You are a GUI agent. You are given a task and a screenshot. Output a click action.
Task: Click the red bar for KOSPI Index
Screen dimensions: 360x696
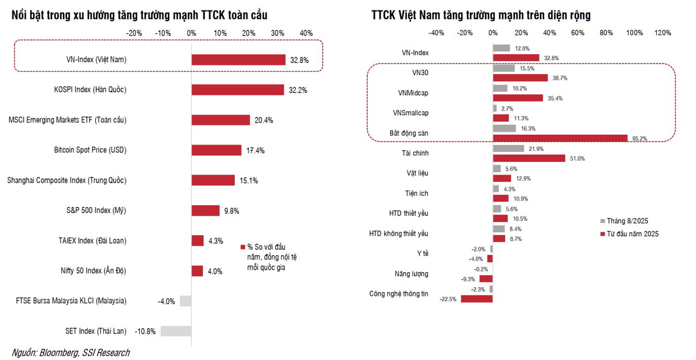point(238,90)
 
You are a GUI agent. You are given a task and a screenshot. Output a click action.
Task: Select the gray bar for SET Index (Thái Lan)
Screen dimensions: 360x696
point(176,331)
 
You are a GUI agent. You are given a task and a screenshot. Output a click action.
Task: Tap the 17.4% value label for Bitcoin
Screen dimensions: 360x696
point(255,150)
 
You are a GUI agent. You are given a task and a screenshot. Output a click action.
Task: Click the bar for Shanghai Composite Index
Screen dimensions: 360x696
point(213,180)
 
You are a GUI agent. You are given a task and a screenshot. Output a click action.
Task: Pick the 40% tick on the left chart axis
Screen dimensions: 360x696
point(306,33)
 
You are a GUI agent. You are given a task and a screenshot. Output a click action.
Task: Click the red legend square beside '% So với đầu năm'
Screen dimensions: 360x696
point(243,247)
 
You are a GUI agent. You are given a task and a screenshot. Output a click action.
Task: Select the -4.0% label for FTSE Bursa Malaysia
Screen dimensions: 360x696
point(166,301)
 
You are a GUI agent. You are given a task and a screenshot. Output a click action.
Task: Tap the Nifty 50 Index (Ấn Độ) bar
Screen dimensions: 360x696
point(197,271)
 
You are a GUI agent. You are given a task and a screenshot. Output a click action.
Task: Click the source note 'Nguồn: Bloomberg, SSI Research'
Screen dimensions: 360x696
point(71,352)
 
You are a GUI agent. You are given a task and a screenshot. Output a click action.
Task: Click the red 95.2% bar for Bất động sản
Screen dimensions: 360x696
point(560,138)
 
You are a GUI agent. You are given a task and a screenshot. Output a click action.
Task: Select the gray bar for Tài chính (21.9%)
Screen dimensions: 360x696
point(508,149)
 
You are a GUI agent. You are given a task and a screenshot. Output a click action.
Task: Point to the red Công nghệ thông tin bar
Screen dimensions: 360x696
point(476,299)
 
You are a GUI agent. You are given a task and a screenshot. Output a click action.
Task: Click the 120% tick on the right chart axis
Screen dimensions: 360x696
point(662,33)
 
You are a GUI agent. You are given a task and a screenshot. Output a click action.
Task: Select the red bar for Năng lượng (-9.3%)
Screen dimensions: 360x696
point(486,279)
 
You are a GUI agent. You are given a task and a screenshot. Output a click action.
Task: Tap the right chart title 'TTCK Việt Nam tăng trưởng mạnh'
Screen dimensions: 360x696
point(481,15)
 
